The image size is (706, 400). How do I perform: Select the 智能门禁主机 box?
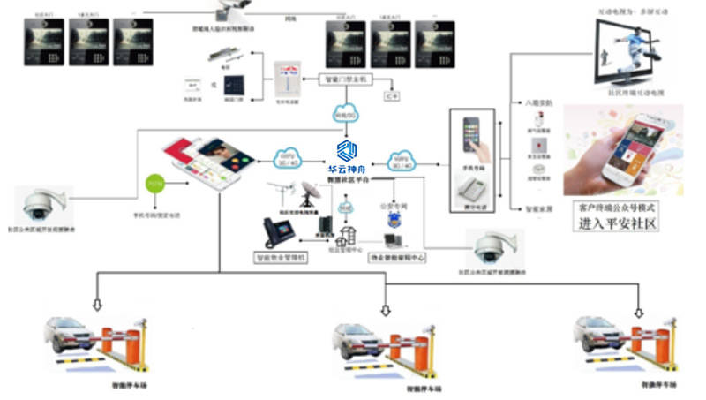tap(345, 79)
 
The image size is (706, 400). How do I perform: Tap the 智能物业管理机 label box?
tap(281, 259)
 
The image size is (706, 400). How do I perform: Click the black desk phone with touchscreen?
tap(275, 233)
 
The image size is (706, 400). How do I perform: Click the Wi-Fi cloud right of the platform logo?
tap(403, 160)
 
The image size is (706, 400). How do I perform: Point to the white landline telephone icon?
tap(477, 188)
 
